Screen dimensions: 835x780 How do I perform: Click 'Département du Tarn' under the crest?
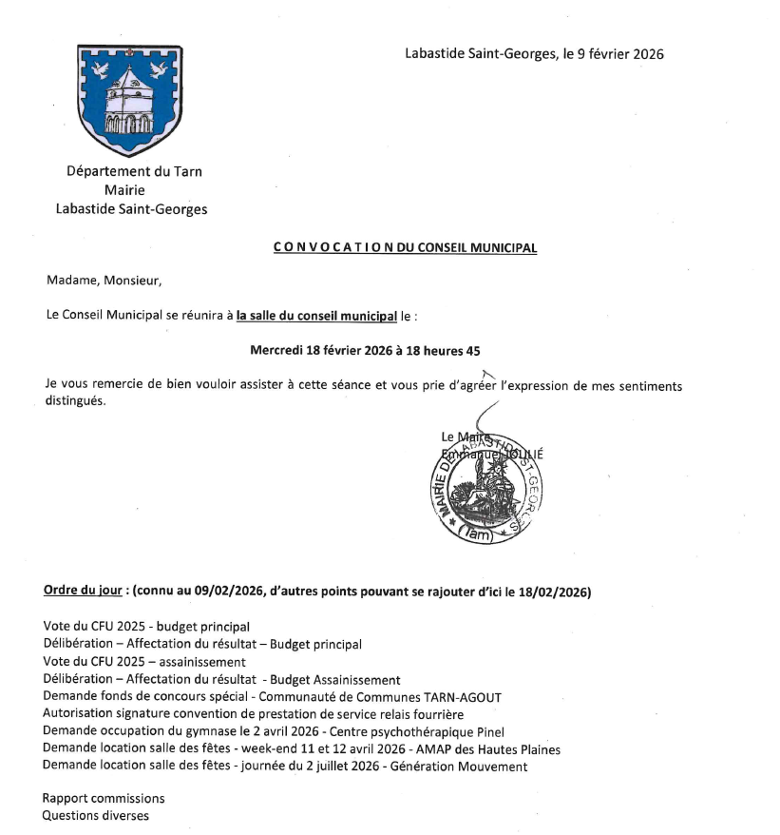pos(134,172)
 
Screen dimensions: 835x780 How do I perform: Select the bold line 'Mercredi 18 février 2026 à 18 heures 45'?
pos(365,350)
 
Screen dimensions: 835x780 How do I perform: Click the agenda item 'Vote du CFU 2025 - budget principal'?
pos(146,627)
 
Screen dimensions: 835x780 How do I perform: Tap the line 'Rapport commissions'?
pos(104,798)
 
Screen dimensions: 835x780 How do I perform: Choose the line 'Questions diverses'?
pos(96,815)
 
